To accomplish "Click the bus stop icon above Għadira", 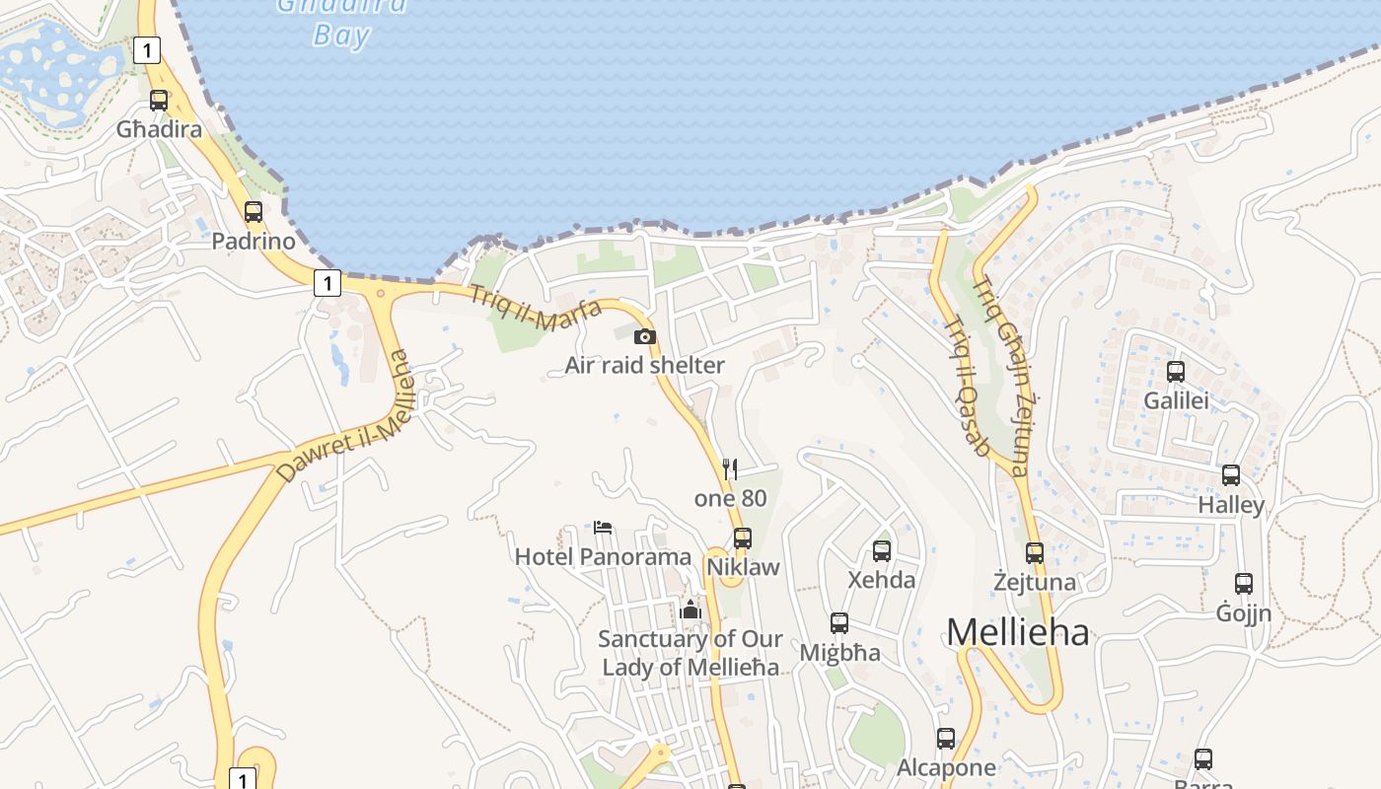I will [x=159, y=100].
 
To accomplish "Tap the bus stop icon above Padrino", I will [x=254, y=211].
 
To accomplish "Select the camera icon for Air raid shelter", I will [x=645, y=336].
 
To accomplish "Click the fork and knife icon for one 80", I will [x=730, y=468].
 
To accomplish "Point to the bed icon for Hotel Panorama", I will [x=603, y=528].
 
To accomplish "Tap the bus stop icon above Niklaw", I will [x=743, y=538].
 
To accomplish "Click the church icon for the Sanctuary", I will [x=690, y=610].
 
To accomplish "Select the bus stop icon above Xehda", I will [x=882, y=551].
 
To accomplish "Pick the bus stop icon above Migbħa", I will [x=839, y=623].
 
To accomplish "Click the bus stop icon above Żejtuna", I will [x=1035, y=553].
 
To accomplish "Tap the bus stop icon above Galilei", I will [x=1176, y=372].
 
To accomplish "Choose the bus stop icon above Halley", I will [x=1231, y=475].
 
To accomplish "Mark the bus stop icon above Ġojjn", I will [x=1244, y=584].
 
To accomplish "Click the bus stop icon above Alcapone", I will [x=946, y=738].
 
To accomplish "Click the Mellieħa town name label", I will [x=1018, y=632].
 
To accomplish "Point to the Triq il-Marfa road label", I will [x=535, y=306].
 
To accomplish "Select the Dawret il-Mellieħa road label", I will [x=342, y=417].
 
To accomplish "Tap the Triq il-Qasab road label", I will [x=967, y=386].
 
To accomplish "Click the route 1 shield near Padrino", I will [x=327, y=283].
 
